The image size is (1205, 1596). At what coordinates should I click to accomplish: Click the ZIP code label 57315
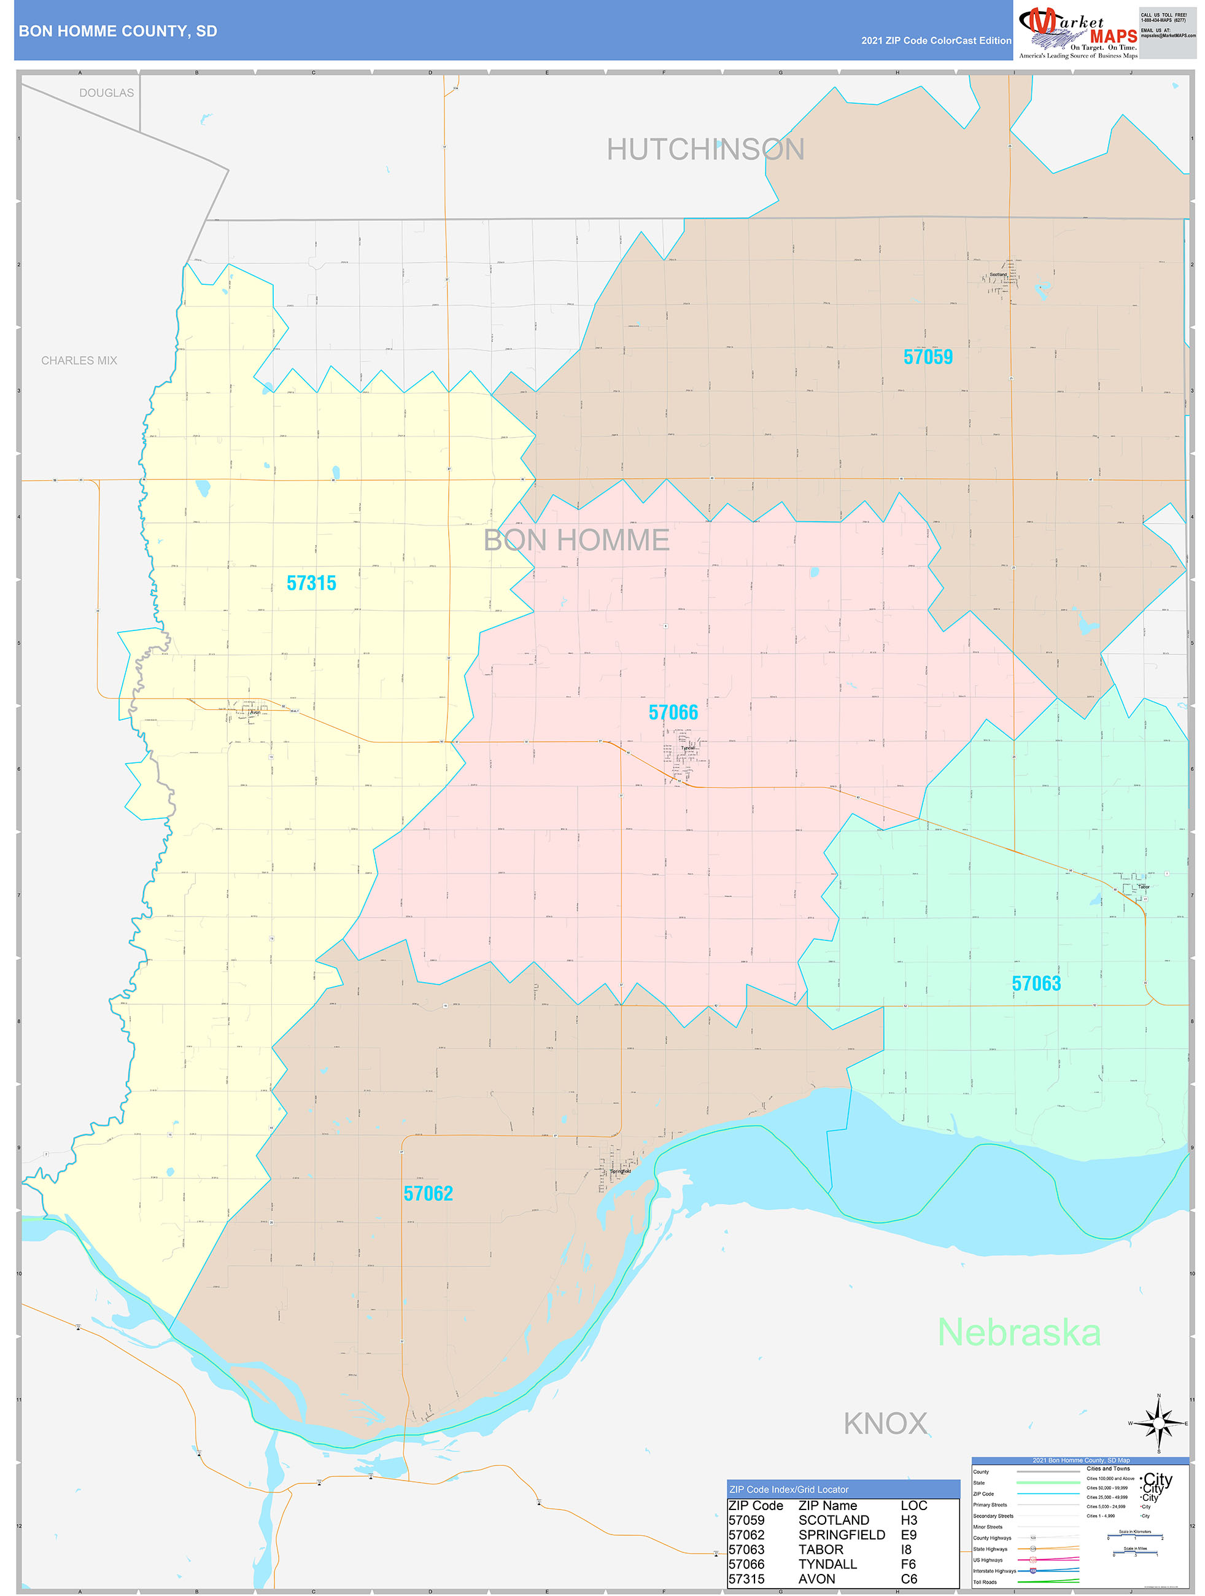coord(311,583)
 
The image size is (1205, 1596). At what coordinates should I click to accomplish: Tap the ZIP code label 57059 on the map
coord(928,357)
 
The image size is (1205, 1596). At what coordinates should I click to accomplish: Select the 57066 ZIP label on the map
coord(673,712)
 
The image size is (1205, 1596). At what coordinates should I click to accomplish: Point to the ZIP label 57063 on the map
coord(1036,983)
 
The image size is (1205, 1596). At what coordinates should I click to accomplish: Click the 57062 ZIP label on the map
coord(428,1193)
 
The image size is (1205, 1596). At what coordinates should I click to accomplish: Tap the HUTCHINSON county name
coord(705,149)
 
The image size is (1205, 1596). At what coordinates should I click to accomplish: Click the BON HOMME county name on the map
coord(576,540)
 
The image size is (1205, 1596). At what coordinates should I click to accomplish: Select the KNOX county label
coord(885,1424)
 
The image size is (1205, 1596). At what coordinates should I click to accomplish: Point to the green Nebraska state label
coord(1019,1332)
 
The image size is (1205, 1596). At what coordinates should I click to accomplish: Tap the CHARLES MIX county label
coord(79,360)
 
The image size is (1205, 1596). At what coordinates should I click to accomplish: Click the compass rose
coord(1158,1423)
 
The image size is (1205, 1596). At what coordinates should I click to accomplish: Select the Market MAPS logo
coord(1078,33)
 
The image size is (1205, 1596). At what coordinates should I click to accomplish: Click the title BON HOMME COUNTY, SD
coord(118,31)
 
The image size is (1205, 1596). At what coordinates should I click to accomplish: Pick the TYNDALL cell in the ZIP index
coord(827,1563)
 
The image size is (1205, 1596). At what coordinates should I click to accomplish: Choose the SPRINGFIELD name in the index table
coord(842,1535)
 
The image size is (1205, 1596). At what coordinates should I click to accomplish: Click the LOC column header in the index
coord(913,1505)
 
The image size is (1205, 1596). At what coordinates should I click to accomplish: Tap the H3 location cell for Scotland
coord(909,1519)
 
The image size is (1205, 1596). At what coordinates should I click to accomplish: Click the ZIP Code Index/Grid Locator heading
coord(789,1489)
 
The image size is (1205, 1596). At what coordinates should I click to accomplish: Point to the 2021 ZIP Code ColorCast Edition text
coord(936,41)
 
